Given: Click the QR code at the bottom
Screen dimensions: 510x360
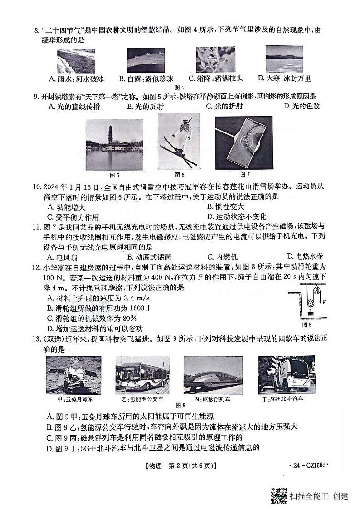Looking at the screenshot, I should click(x=278, y=495).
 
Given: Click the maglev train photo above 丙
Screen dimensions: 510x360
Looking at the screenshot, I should click(x=213, y=374).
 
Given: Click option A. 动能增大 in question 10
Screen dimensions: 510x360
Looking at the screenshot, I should click(x=66, y=206).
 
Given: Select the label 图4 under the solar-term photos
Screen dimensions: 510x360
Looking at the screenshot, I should click(x=180, y=87).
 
